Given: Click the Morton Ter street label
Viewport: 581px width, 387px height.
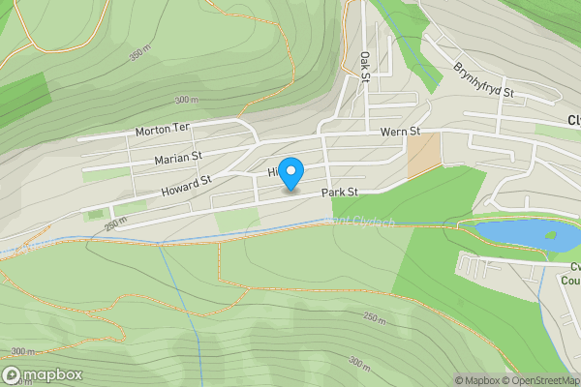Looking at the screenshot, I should click(162, 129).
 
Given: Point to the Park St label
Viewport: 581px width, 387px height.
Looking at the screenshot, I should click(341, 193).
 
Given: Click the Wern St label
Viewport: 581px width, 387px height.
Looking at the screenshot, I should click(400, 132).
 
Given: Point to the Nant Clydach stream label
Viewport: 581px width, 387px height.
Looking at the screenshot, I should click(349, 221).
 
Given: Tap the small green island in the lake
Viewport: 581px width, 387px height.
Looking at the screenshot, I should click(551, 233).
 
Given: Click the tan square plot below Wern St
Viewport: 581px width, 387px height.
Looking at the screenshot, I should click(423, 155).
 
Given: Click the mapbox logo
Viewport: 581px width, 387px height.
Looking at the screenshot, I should click(43, 374).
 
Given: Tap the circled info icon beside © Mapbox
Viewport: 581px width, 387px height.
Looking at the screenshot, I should click(445, 380).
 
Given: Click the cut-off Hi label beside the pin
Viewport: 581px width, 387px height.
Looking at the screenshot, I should click(273, 172).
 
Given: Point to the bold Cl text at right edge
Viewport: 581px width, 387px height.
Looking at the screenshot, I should click(572, 121).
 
